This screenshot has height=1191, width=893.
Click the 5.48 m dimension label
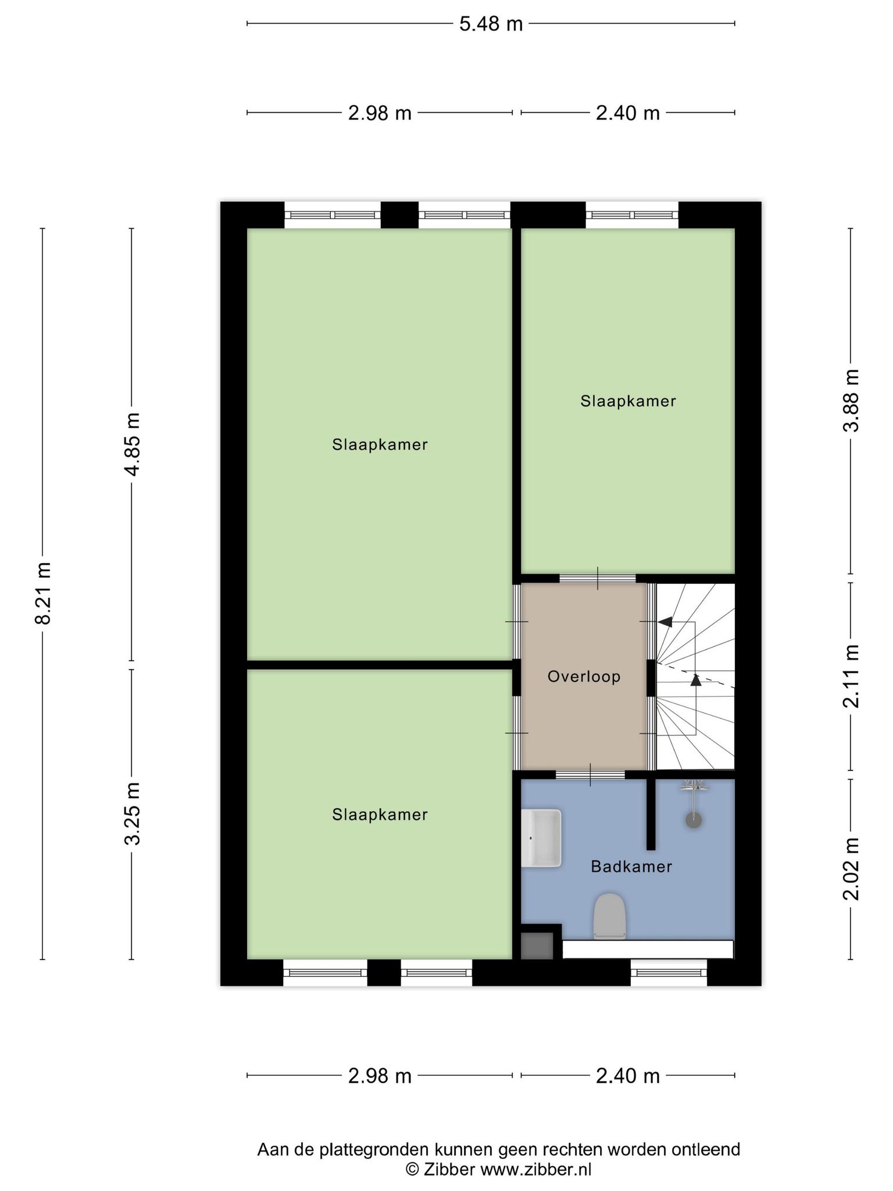(x=491, y=24)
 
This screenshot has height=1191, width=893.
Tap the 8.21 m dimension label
(x=44, y=593)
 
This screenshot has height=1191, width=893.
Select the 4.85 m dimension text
(x=133, y=444)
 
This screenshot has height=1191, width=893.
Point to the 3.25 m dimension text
(x=133, y=814)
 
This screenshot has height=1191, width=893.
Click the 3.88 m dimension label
(x=851, y=400)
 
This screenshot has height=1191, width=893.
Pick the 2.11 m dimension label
(x=851, y=676)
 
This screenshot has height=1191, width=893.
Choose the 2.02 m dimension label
(x=851, y=869)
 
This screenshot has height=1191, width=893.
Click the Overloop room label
(x=584, y=676)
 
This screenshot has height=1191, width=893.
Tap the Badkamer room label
(x=631, y=866)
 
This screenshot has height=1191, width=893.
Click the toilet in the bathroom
(x=609, y=917)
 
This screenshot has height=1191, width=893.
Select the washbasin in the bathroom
(x=541, y=838)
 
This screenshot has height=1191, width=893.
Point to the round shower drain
(x=694, y=820)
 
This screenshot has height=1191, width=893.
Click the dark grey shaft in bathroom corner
(x=537, y=946)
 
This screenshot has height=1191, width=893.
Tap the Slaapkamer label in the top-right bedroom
(x=628, y=401)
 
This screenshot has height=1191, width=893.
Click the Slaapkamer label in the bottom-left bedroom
(x=380, y=815)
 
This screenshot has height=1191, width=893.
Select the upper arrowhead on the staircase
(x=665, y=622)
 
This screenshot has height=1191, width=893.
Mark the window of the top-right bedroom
(x=632, y=215)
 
